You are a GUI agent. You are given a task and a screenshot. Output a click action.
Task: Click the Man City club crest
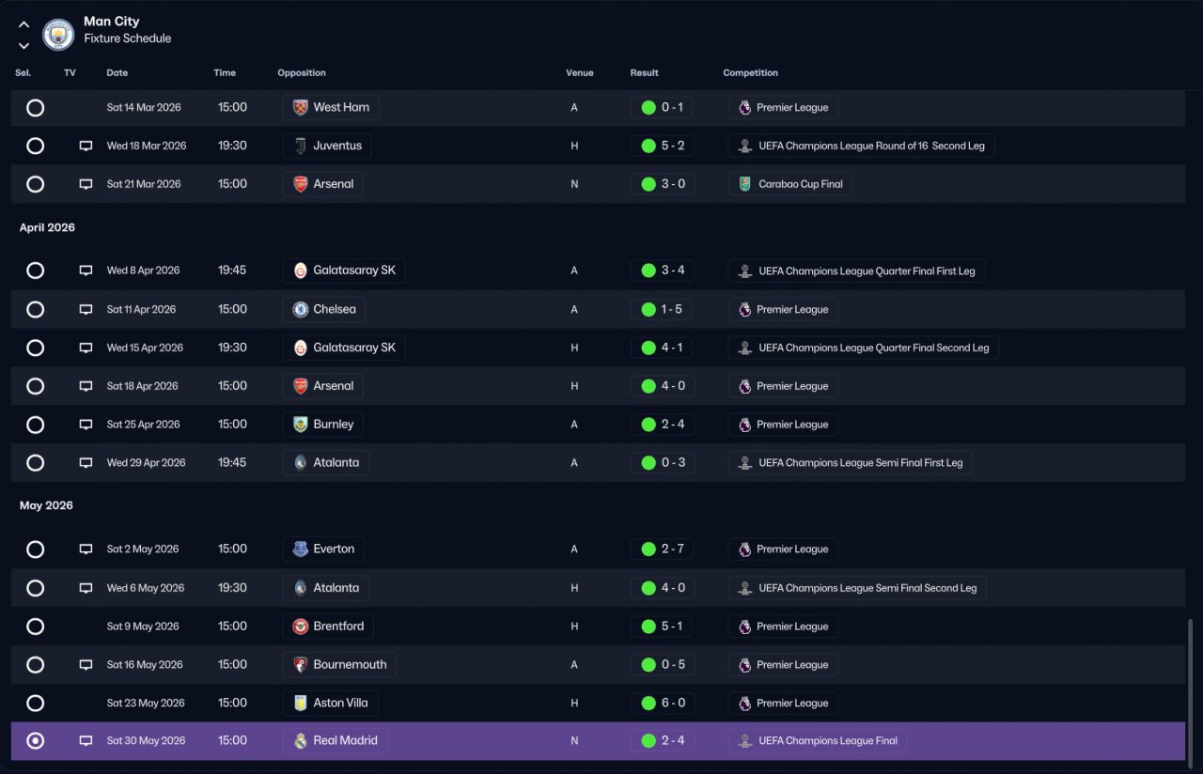click(x=58, y=35)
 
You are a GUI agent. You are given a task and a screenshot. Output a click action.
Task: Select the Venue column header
click(x=580, y=72)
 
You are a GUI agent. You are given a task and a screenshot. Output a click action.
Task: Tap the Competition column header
click(x=750, y=72)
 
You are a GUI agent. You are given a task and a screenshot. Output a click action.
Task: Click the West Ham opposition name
click(x=341, y=107)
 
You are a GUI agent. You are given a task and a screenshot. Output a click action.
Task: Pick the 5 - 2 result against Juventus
click(x=673, y=146)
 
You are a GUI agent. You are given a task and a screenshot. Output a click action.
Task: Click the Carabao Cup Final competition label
click(x=800, y=184)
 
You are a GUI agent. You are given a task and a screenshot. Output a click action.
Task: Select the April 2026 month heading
click(x=47, y=227)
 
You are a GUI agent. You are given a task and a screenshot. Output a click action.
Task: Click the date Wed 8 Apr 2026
click(x=143, y=270)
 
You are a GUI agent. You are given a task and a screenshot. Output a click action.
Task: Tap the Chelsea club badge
click(x=300, y=309)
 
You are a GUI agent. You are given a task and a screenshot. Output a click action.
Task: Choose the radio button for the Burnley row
click(x=36, y=425)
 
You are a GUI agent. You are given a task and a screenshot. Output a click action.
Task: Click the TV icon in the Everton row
click(x=86, y=549)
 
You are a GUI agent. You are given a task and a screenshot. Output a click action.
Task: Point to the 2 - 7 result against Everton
click(x=673, y=549)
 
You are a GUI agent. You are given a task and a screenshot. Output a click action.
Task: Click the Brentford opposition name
click(x=338, y=626)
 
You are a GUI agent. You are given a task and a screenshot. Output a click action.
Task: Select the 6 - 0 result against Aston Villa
click(x=673, y=703)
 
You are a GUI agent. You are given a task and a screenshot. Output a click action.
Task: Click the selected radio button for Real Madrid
click(x=36, y=741)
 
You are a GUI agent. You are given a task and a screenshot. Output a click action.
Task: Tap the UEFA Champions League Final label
click(x=828, y=741)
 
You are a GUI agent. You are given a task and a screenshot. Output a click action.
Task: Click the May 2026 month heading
click(x=46, y=505)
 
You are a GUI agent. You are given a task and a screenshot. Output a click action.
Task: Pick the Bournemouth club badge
click(x=300, y=664)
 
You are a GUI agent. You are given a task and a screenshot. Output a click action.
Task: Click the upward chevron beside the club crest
click(x=23, y=24)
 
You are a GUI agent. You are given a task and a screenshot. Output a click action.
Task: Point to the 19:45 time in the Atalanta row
click(x=232, y=462)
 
